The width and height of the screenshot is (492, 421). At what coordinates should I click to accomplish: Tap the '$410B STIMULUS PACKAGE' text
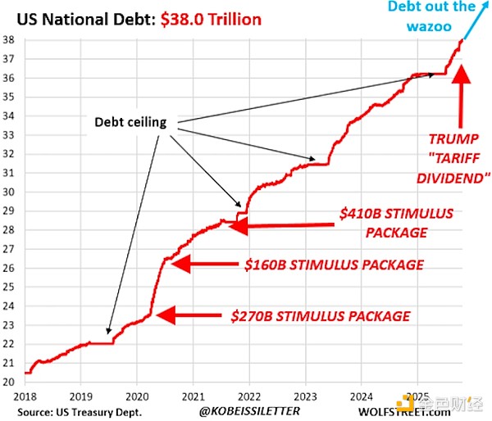(x=396, y=223)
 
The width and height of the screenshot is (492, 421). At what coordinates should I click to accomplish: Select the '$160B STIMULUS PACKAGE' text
(x=335, y=265)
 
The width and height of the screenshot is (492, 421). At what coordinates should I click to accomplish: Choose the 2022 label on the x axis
(x=249, y=396)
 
